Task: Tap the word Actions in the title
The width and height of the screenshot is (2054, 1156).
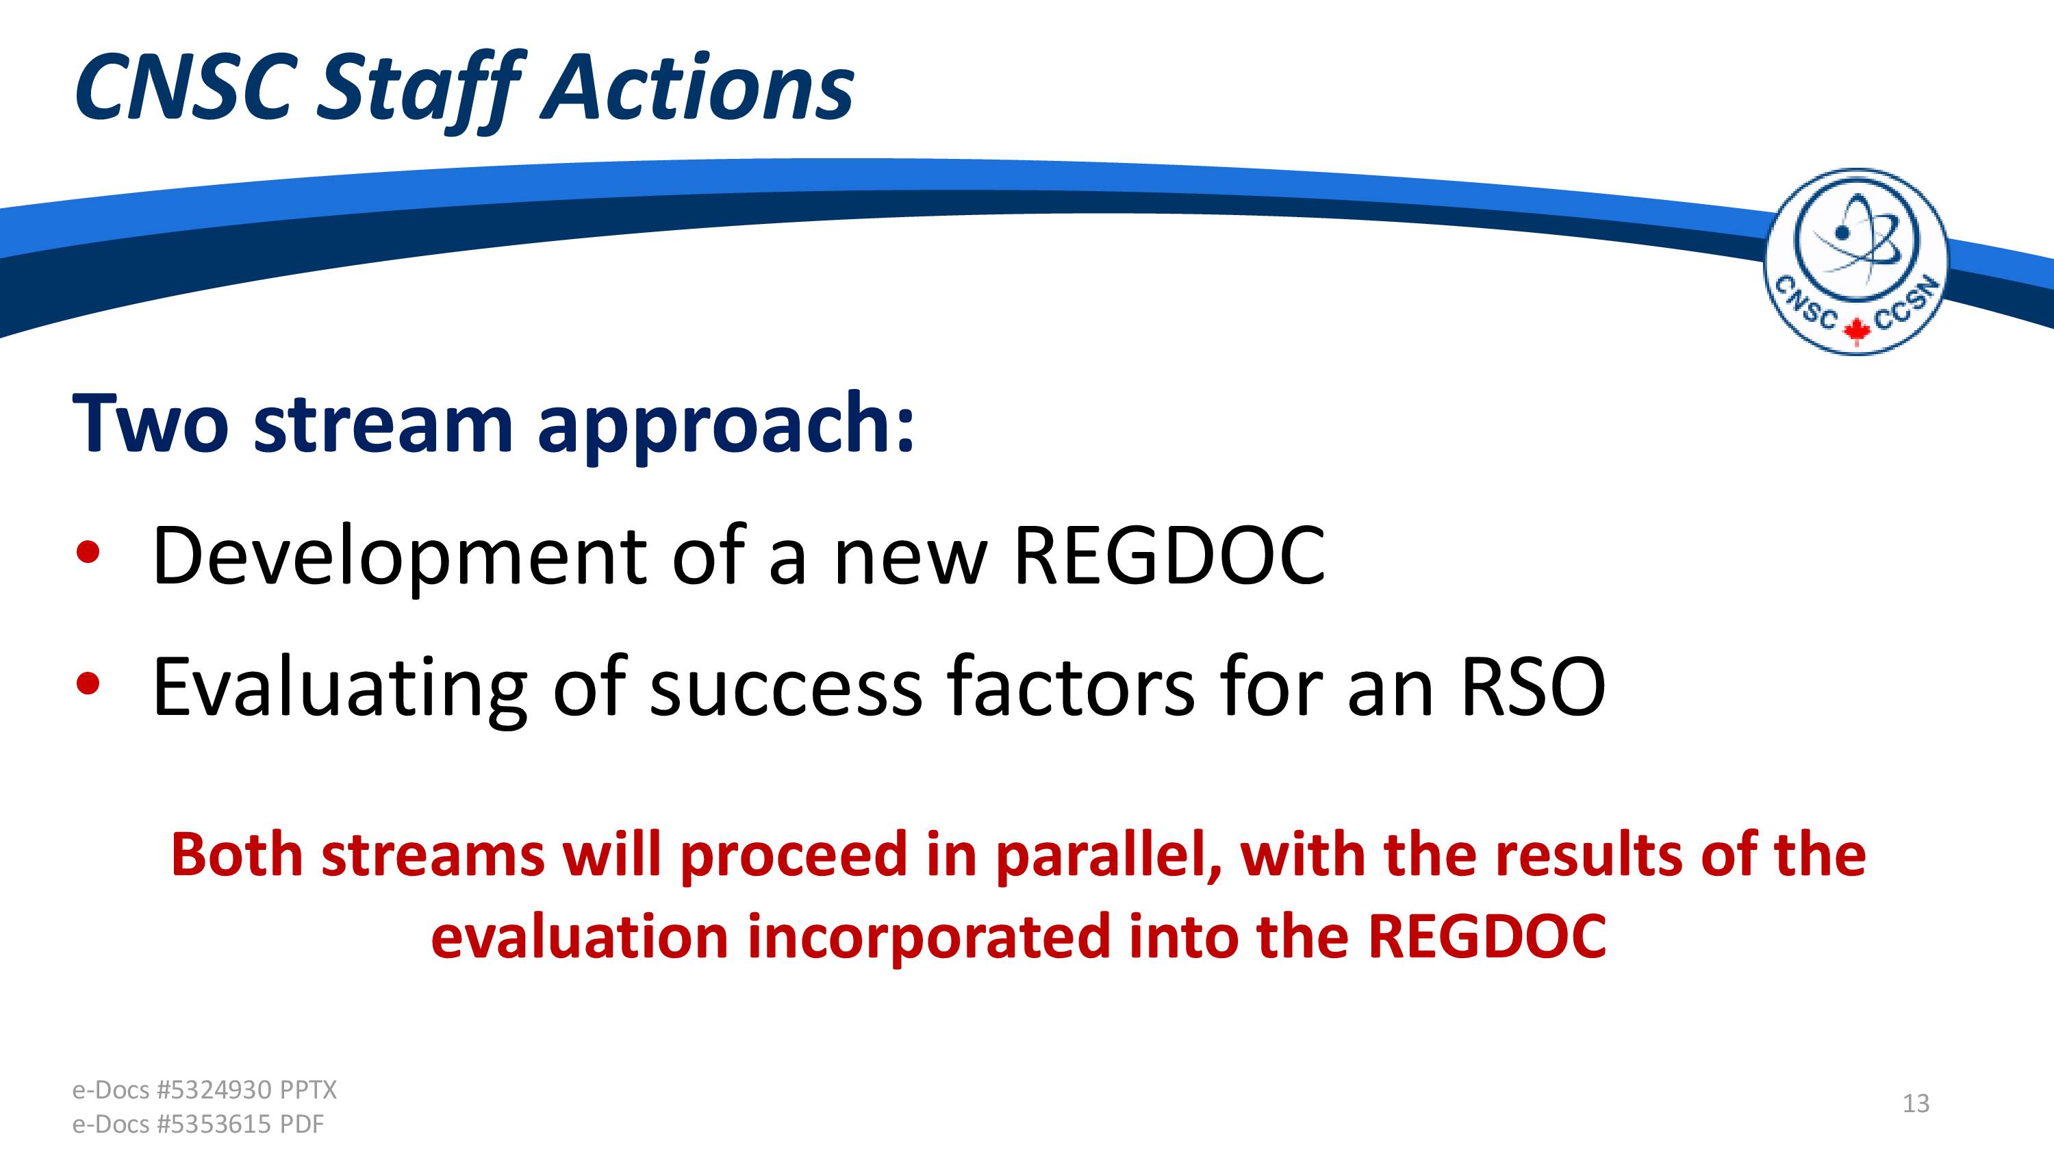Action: [x=698, y=87]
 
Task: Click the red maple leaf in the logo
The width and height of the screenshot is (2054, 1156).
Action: [x=1856, y=329]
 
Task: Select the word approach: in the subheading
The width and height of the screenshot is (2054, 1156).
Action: [x=726, y=429]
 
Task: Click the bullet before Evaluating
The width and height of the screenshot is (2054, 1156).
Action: [x=88, y=683]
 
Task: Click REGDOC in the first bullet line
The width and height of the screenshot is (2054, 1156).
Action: [x=1168, y=555]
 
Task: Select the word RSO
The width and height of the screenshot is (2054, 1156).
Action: [x=1532, y=686]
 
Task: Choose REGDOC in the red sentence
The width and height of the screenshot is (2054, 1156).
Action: [x=1487, y=935]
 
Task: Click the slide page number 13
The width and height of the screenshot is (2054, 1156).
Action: [x=1916, y=1103]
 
